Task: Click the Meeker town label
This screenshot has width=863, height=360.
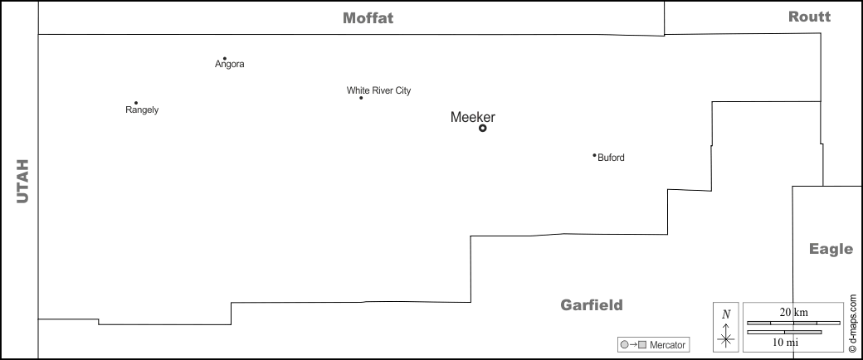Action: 472,117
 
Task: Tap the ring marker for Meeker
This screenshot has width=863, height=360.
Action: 482,129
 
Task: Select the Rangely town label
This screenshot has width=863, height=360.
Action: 142,109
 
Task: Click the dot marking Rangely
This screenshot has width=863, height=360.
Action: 136,103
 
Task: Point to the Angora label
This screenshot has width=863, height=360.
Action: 230,65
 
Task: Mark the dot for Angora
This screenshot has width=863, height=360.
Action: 225,58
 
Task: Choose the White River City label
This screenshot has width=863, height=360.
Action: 378,90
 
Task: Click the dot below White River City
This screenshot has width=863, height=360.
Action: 361,98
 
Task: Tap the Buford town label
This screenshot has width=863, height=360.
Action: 611,158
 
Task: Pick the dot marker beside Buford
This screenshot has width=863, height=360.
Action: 594,155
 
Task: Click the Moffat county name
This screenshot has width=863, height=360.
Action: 368,18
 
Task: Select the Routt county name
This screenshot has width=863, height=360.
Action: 809,17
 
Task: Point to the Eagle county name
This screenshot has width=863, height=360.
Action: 831,249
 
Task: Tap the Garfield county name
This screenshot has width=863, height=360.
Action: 591,305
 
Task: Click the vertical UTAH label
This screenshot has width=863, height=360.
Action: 22,181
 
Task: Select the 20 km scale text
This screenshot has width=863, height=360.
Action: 793,312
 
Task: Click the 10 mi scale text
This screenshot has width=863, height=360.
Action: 785,342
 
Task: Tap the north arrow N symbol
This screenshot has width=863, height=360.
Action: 726,314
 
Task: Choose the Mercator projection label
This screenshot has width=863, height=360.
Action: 668,344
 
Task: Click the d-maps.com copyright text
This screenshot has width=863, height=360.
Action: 852,316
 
